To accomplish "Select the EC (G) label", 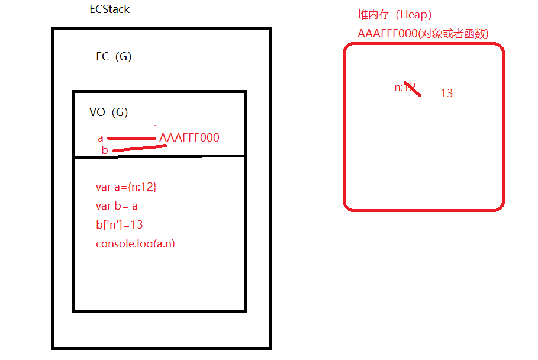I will point(114,57).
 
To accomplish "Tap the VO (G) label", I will point(108,112).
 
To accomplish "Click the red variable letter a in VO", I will point(101,138).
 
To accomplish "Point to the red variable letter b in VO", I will point(105,150).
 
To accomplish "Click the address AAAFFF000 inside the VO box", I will point(189,138).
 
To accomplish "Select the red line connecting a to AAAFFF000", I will point(131,139).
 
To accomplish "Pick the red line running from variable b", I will point(139,148).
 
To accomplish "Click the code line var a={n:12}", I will point(126,187).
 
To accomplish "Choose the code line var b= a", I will point(117,206).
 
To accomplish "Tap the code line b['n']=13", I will point(119,225).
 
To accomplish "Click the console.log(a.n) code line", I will point(136,243).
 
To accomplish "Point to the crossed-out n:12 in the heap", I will point(405,88).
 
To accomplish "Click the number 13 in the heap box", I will point(447,93).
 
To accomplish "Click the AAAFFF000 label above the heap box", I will point(388,34).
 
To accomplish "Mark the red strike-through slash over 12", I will point(413,89).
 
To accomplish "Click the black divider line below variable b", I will point(160,156).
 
